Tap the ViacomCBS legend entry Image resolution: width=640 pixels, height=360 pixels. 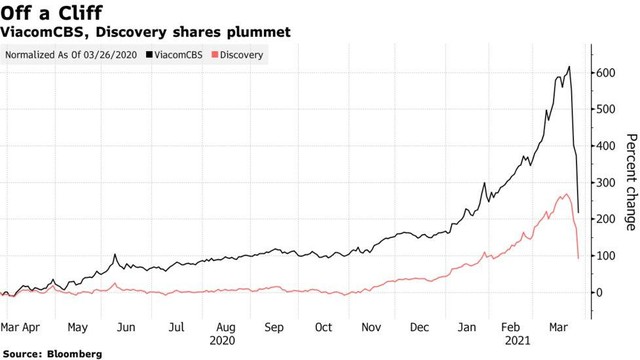pyautogui.click(x=181, y=55)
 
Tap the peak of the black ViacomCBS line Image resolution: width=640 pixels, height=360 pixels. pyautogui.click(x=569, y=67)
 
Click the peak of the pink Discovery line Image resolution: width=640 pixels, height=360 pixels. pyautogui.click(x=566, y=194)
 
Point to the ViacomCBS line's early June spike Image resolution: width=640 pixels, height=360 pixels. pyautogui.click(x=116, y=255)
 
